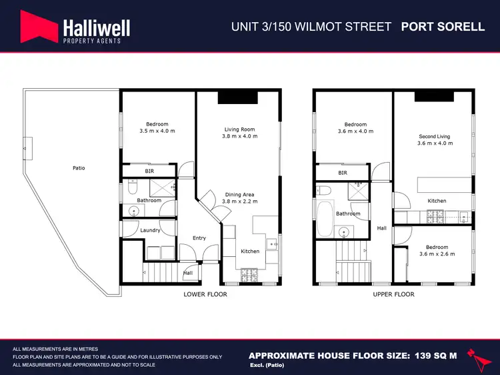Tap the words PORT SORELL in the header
pyautogui.click(x=442, y=27)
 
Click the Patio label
pyautogui.click(x=79, y=168)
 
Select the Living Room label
pyautogui.click(x=239, y=129)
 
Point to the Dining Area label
pyautogui.click(x=239, y=194)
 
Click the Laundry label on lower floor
pyautogui.click(x=150, y=230)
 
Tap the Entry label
pyautogui.click(x=199, y=238)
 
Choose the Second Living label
pyautogui.click(x=434, y=136)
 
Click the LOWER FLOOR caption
pyautogui.click(x=205, y=294)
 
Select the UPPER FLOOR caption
pyautogui.click(x=393, y=294)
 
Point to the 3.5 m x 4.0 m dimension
pyautogui.click(x=157, y=131)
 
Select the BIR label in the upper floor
pyautogui.click(x=343, y=173)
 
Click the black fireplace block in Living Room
pyautogui.click(x=237, y=97)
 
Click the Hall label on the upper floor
pyautogui.click(x=381, y=228)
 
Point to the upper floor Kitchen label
pyautogui.click(x=437, y=200)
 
